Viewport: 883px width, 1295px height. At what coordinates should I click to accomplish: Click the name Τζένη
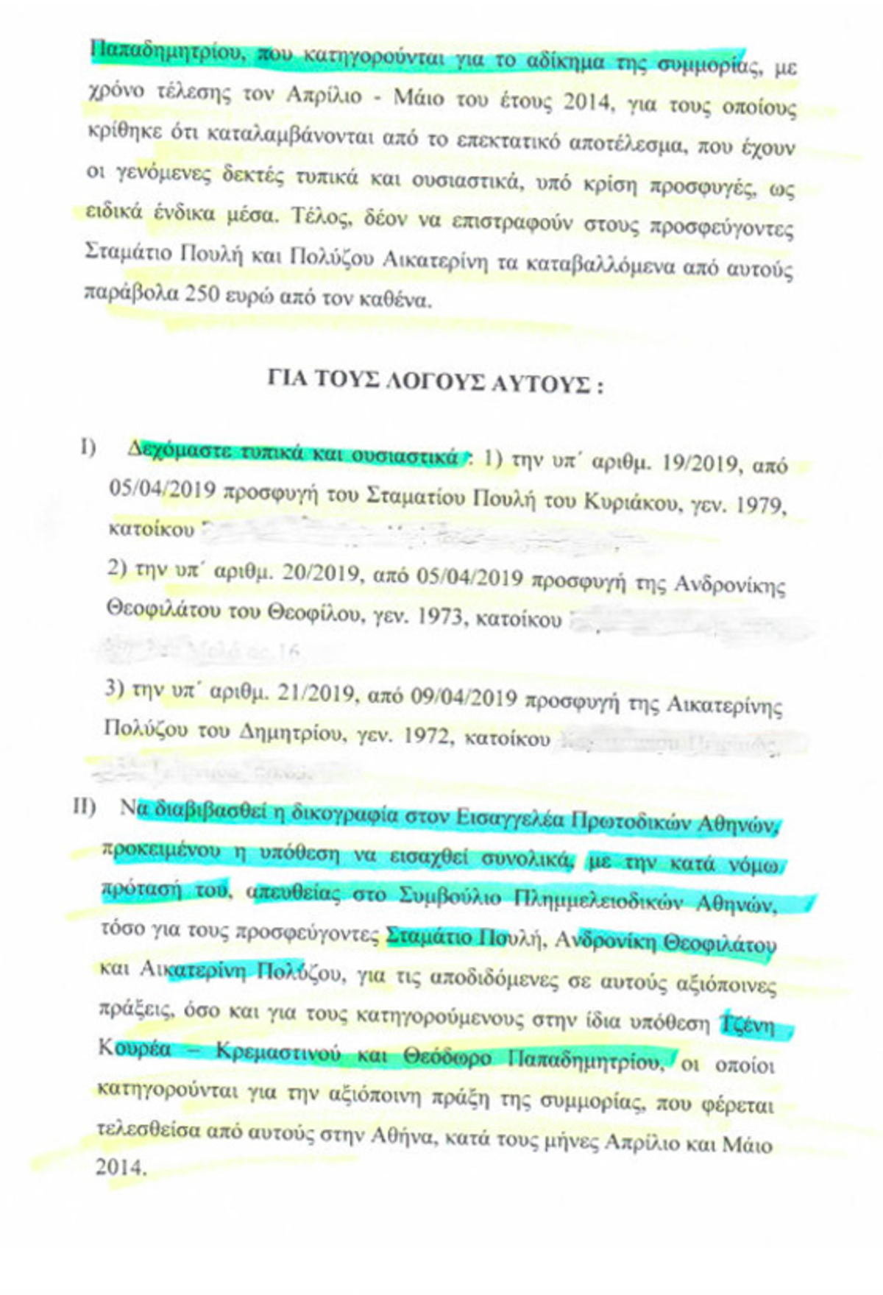click(x=750, y=1023)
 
